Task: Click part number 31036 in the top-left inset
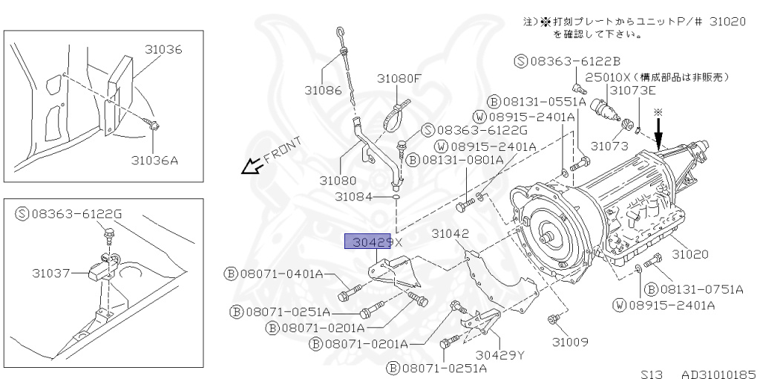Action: click(163, 50)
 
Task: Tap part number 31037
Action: click(50, 273)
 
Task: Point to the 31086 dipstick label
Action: click(323, 91)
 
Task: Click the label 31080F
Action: click(398, 78)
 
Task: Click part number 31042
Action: click(451, 233)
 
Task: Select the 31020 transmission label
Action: click(690, 254)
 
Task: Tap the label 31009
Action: click(570, 342)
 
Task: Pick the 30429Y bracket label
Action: click(499, 354)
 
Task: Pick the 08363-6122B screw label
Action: click(567, 62)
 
